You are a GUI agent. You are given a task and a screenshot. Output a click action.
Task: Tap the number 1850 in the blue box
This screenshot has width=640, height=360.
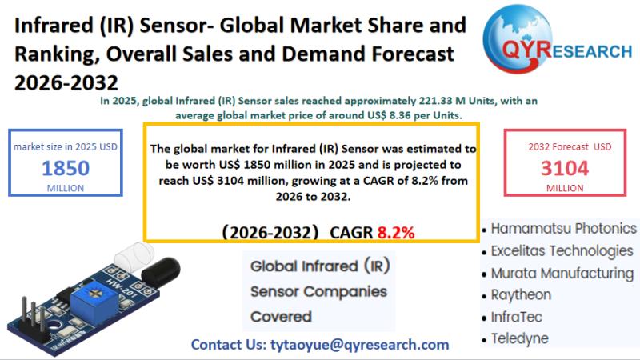[x=66, y=168]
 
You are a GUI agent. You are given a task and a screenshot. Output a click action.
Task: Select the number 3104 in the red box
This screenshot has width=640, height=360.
[x=565, y=168]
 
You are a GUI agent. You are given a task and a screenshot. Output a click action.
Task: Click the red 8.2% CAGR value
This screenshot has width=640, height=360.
[x=396, y=233]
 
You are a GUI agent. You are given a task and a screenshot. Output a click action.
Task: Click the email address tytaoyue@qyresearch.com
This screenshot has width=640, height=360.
[x=359, y=345]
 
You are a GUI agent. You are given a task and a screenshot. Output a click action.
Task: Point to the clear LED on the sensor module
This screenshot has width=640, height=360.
[x=134, y=254]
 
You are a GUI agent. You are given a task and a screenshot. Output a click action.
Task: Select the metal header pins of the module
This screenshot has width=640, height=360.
[x=34, y=314]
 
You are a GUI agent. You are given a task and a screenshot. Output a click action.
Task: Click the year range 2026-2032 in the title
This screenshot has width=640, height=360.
[x=66, y=82]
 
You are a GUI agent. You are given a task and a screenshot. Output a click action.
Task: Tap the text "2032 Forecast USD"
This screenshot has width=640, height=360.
[x=570, y=147]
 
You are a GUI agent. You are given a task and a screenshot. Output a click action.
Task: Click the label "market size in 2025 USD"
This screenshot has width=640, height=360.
[x=66, y=147]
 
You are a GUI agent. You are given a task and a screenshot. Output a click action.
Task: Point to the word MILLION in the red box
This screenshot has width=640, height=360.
[x=565, y=188]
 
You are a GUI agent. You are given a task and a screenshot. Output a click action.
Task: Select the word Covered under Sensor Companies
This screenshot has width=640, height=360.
[x=281, y=317]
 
